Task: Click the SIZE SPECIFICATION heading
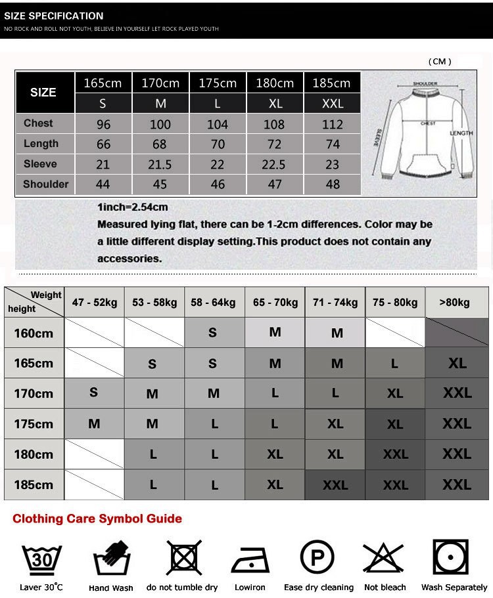(54, 16)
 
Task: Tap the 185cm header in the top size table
(332, 83)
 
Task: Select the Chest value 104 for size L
(218, 124)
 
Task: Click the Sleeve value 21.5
(160, 164)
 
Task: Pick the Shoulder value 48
(333, 184)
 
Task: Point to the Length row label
(41, 144)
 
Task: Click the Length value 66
(103, 144)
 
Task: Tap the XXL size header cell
(333, 104)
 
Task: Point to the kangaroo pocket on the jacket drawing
(421, 163)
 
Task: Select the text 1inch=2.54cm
(132, 207)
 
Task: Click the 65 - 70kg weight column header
(275, 303)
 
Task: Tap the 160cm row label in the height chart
(34, 333)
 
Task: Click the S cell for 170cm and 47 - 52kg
(94, 393)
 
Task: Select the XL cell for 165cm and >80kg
(457, 363)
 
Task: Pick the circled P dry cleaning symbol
(317, 557)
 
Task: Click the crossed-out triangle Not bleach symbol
(384, 559)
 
